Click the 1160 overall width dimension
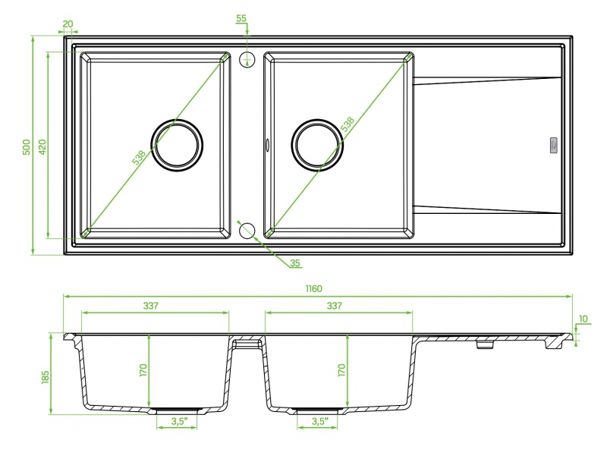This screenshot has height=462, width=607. [313, 289]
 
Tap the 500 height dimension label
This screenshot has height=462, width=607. [27, 147]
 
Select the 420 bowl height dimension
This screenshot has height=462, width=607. [42, 146]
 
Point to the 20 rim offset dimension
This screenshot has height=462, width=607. [68, 24]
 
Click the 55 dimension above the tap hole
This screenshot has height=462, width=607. [241, 18]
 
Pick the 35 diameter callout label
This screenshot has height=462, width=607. [295, 263]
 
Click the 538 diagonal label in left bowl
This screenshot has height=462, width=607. [139, 158]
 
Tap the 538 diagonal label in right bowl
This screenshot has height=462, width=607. [348, 124]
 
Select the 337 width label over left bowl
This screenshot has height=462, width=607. [150, 306]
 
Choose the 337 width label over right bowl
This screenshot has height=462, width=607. [334, 306]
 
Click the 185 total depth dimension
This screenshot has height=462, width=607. [46, 377]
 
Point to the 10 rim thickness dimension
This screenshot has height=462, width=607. [583, 319]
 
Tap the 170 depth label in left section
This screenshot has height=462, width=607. [143, 370]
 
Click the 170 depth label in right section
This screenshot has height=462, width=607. [341, 370]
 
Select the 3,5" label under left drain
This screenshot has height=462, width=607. [179, 421]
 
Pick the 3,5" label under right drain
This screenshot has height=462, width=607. [319, 421]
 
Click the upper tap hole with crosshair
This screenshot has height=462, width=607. [247, 59]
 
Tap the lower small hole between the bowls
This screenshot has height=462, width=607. [247, 231]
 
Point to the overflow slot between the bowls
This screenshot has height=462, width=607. [267, 144]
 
